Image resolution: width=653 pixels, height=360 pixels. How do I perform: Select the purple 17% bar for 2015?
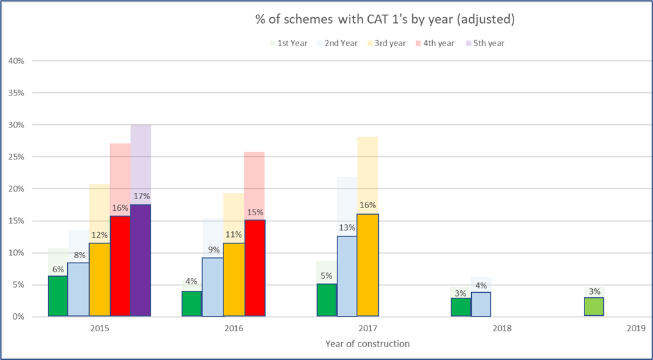(x=140, y=260)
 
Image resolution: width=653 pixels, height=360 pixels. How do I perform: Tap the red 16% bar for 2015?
(x=120, y=266)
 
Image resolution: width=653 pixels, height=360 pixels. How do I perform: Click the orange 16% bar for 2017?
(x=367, y=265)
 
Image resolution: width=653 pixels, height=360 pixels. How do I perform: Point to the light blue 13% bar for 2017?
(x=347, y=276)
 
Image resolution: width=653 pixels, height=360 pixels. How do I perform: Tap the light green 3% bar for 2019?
(x=594, y=307)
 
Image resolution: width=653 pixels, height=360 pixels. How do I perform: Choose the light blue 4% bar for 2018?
(x=481, y=304)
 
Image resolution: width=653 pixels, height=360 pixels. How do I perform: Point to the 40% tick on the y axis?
(x=15, y=61)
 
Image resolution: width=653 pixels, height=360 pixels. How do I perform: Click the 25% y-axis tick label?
(x=15, y=157)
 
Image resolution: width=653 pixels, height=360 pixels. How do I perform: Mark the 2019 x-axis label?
(x=636, y=328)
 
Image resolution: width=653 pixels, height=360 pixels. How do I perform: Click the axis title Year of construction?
(x=367, y=343)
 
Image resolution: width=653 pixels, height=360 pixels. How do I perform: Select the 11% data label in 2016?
(x=234, y=234)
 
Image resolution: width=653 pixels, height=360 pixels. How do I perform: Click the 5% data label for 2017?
(x=326, y=276)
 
